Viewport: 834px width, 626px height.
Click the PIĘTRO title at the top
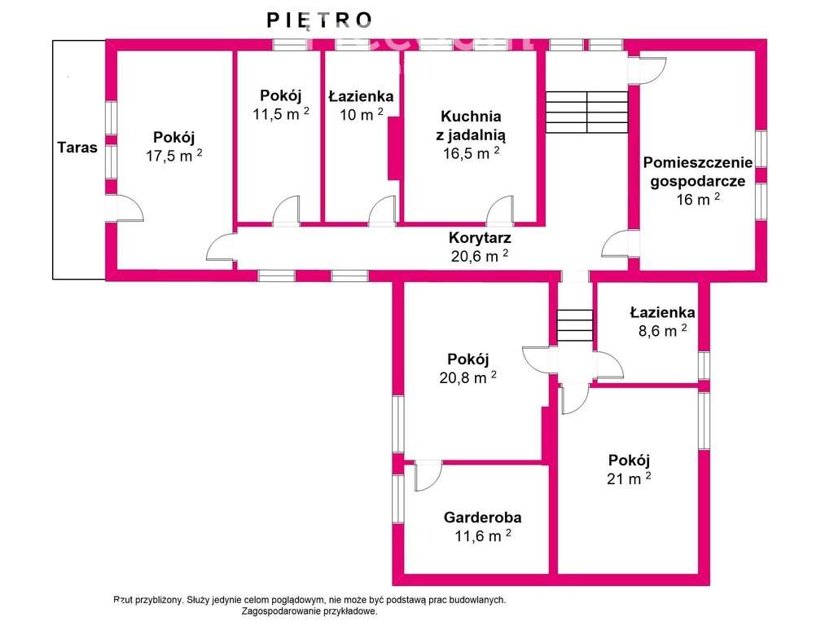[320, 20]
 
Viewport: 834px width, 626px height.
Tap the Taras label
[77, 148]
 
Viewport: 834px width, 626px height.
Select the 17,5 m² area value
[173, 156]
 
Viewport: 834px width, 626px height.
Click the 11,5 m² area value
[280, 114]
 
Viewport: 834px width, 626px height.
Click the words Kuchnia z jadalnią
[471, 126]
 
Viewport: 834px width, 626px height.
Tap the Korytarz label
[480, 238]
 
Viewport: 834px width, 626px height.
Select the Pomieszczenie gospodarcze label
[698, 170]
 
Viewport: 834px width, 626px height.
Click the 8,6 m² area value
[661, 330]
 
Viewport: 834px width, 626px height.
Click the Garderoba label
[482, 517]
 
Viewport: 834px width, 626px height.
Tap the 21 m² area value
[629, 478]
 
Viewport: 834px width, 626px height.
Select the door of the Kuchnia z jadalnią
[500, 211]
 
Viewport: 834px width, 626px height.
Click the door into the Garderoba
[427, 474]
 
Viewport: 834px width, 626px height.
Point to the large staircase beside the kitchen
[586, 112]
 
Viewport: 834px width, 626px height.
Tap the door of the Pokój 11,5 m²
[286, 211]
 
